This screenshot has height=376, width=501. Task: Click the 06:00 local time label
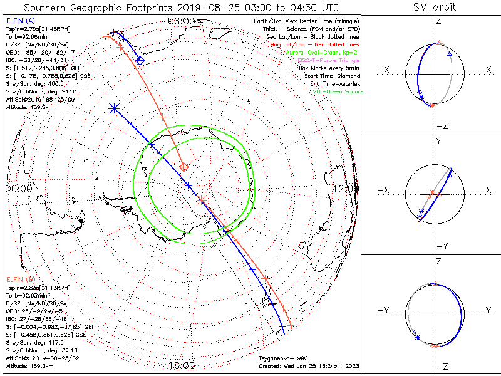(182, 21)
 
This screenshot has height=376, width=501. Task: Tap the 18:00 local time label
(182, 365)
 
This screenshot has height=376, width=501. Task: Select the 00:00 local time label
(18, 188)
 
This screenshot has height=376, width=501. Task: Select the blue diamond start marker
(140, 60)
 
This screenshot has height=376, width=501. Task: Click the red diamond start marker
(184, 167)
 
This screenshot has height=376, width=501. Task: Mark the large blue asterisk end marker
(114, 108)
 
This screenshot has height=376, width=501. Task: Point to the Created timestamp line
(308, 365)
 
